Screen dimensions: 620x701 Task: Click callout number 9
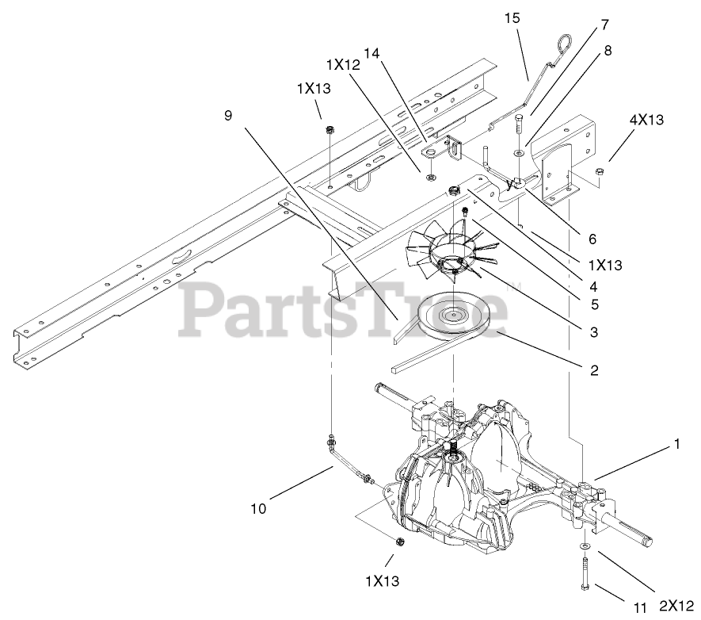tap(228, 115)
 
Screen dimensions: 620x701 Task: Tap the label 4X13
tap(646, 120)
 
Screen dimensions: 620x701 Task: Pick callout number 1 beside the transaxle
tap(676, 446)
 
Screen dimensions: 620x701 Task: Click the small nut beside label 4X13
tap(600, 172)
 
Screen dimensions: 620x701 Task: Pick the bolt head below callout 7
tap(518, 120)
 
